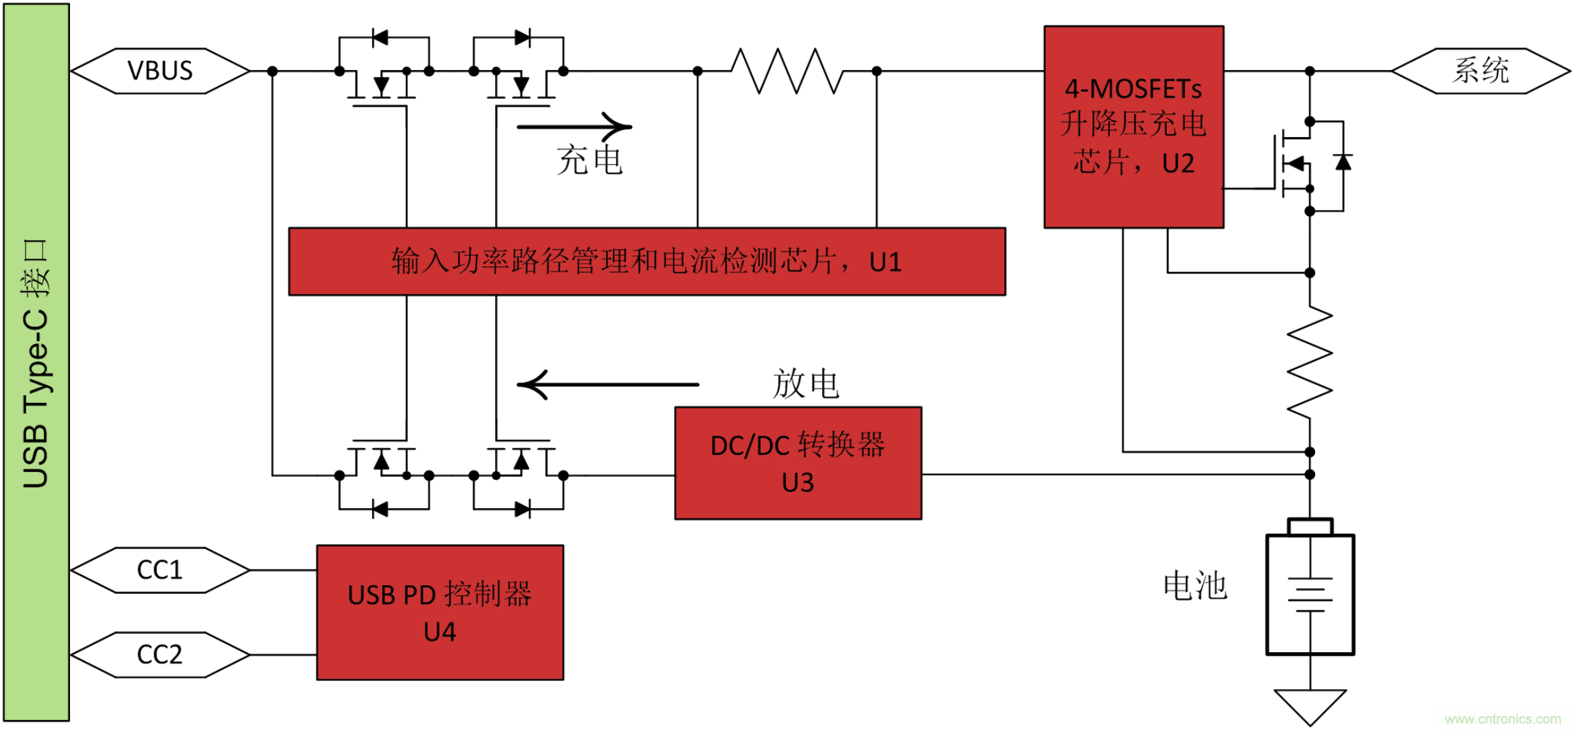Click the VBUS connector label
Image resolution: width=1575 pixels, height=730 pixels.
click(160, 71)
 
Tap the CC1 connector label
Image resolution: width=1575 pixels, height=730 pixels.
click(160, 570)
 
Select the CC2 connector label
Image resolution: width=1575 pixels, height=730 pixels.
click(160, 655)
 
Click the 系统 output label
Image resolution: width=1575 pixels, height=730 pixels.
click(1480, 71)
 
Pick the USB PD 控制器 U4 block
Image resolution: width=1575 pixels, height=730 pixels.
click(439, 613)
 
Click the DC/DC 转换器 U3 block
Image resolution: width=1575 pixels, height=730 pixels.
click(797, 464)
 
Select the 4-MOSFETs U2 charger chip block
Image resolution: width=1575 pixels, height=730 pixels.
click(1133, 127)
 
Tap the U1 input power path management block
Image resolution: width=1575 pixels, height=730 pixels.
click(646, 261)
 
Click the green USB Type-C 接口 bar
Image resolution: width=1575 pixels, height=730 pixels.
click(37, 363)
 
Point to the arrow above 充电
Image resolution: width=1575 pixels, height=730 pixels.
click(574, 127)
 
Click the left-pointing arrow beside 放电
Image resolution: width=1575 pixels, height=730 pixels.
click(607, 385)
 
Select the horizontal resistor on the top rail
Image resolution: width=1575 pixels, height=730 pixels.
click(787, 71)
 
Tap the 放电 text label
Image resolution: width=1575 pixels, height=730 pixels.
click(805, 384)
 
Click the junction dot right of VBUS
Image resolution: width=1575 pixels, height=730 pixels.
click(273, 71)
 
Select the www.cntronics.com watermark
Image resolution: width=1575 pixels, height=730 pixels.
click(1503, 719)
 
